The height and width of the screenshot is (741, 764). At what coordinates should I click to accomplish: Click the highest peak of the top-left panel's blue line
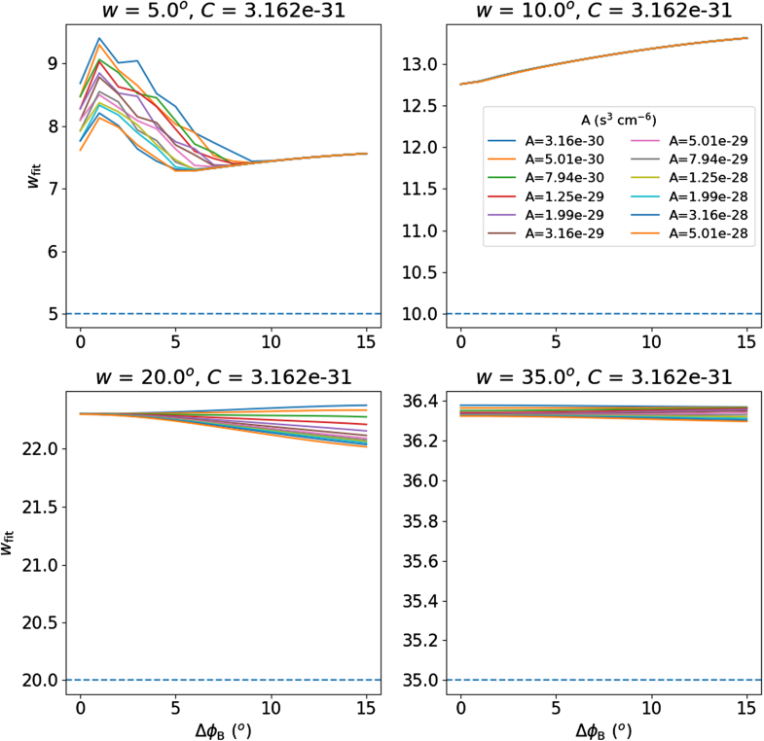(99, 38)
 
